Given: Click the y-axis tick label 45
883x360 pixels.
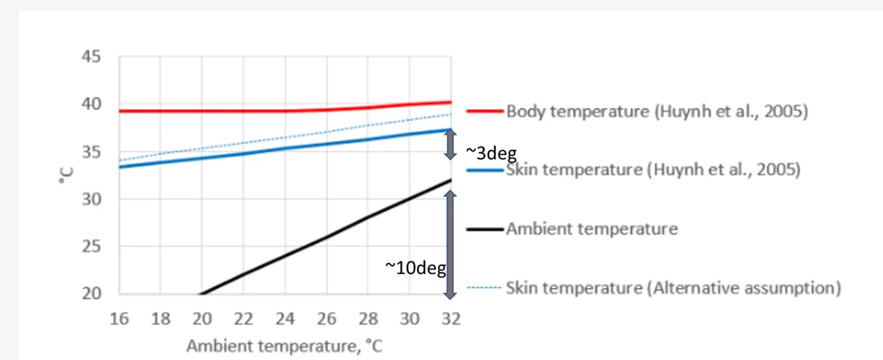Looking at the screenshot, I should tap(91, 58).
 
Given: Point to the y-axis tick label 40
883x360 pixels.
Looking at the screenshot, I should tap(91, 105).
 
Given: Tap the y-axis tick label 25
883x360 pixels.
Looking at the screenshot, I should tap(91, 247).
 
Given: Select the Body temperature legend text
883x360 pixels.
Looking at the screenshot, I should tap(656, 111).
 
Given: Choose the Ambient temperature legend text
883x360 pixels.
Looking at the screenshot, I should tap(592, 229).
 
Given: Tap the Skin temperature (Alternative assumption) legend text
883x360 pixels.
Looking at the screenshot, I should tap(673, 287).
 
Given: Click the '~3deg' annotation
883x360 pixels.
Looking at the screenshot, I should tap(491, 153).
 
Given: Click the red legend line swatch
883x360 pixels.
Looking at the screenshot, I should tap(484, 111).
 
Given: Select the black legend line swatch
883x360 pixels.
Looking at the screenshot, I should tap(484, 229).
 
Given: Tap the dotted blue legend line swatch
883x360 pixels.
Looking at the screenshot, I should tap(484, 287).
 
